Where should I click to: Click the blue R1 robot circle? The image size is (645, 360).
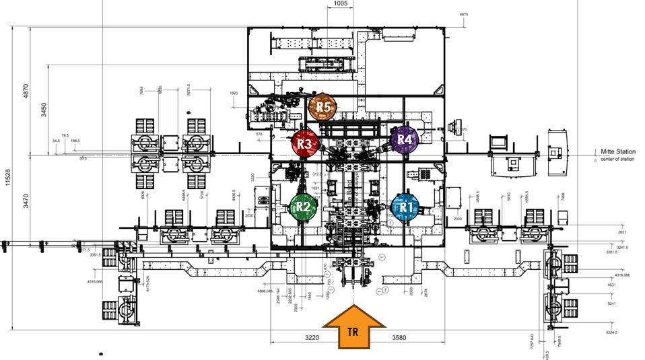[405, 207]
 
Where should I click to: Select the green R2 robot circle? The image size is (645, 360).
[303, 207]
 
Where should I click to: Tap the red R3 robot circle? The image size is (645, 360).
[304, 143]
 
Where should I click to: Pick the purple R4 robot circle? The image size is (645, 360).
[405, 139]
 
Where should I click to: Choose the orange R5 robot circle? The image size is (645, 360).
[322, 106]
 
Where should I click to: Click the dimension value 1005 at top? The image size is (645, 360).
[340, 4]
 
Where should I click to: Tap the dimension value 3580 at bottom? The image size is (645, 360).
[401, 336]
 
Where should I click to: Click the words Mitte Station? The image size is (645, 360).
[616, 153]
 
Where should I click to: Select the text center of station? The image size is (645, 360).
[618, 161]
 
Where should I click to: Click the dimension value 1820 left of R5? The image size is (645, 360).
[234, 93]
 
